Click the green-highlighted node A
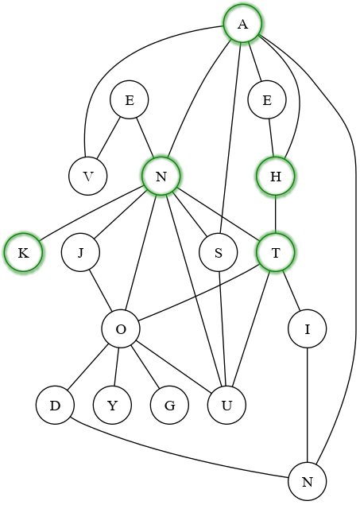click(243, 24)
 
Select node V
click(88, 177)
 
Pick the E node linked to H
click(267, 100)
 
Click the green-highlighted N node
click(161, 177)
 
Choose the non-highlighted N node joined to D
click(307, 482)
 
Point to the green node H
click(276, 177)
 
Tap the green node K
click(23, 253)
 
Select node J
click(81, 253)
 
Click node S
click(218, 253)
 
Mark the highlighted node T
click(276, 253)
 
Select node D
click(55, 406)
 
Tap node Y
click(112, 406)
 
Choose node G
click(169, 406)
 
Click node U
click(226, 406)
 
